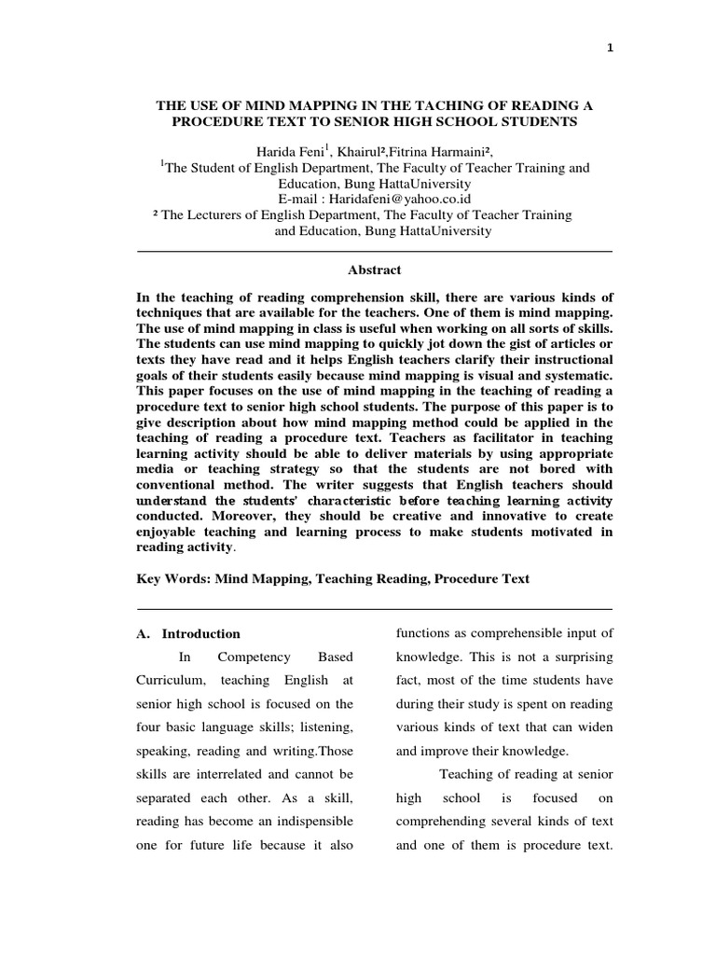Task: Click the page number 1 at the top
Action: (610, 49)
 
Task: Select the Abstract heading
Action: (375, 270)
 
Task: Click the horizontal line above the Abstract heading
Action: (375, 252)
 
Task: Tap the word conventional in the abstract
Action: (187, 485)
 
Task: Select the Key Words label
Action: (173, 578)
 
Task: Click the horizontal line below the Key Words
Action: (375, 604)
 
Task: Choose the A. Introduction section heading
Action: (188, 633)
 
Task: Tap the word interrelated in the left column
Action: (216, 773)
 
